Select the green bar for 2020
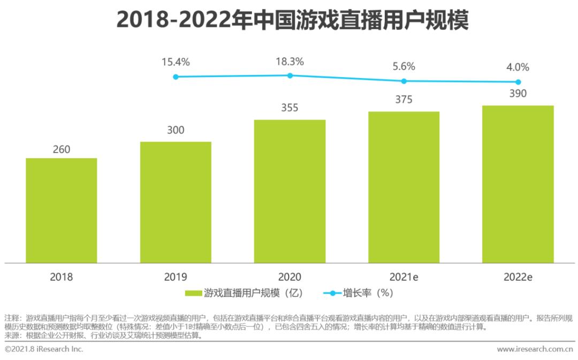[290, 191]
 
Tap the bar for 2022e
[518, 184]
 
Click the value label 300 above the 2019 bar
[176, 130]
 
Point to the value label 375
[404, 100]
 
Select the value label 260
[61, 149]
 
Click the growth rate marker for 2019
[176, 77]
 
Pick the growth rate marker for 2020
[290, 75]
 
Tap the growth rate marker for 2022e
[518, 82]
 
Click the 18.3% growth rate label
[290, 62]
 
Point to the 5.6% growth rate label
[404, 66]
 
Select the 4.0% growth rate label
[518, 67]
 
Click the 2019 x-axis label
[176, 277]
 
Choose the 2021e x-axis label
[404, 277]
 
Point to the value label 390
[518, 94]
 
